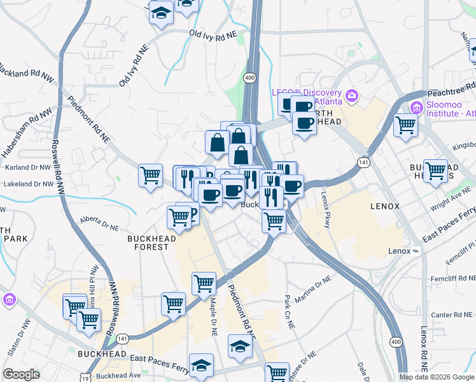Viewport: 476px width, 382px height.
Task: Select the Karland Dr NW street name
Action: tap(26, 167)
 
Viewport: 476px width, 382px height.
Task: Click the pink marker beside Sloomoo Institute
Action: tap(417, 106)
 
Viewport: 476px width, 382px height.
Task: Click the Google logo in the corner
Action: tap(22, 374)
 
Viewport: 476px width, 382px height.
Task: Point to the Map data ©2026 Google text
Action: tap(437, 377)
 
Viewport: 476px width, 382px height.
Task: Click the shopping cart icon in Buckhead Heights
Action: tap(435, 170)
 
